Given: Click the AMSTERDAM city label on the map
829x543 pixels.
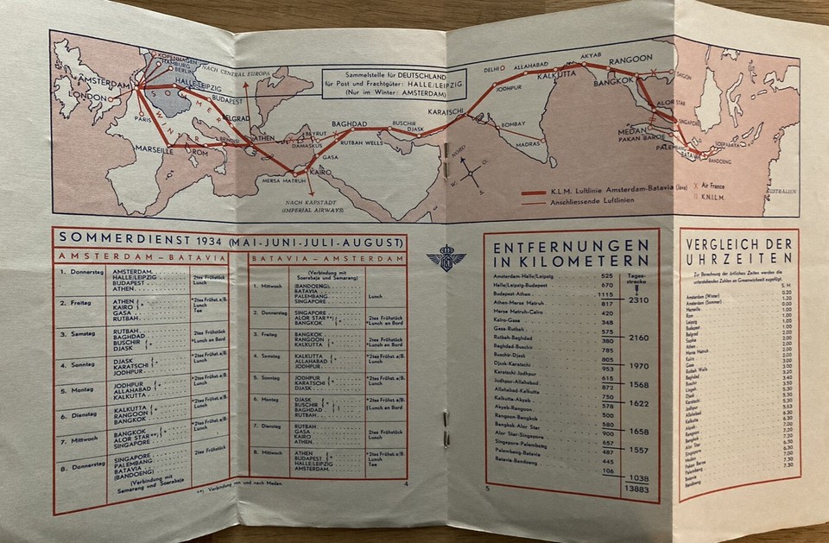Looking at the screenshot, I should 104,83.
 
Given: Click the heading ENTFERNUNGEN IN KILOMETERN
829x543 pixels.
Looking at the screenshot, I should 571,256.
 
